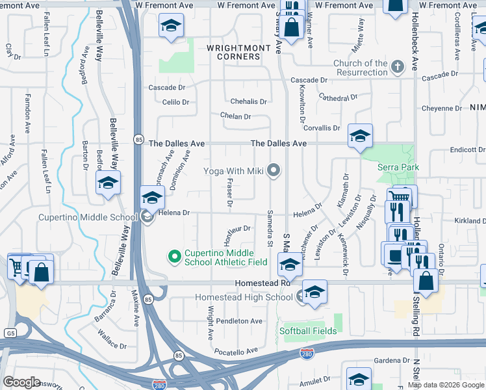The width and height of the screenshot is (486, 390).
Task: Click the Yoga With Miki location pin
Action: coord(274,171)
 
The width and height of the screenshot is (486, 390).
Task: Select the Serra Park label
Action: coord(398,167)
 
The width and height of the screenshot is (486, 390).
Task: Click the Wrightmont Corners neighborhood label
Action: coord(233,52)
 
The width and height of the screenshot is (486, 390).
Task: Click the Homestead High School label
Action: coord(244,298)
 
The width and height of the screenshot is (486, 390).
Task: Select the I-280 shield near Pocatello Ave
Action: coord(307,354)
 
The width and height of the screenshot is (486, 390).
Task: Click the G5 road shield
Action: coord(8,332)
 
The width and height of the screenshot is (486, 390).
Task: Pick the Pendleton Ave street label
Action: coord(239,321)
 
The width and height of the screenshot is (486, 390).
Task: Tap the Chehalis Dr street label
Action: coord(249,101)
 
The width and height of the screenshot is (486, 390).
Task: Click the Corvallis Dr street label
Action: coord(322,128)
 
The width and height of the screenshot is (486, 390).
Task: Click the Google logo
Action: coord(21,382)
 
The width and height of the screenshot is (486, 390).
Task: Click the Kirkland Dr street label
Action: coord(470,221)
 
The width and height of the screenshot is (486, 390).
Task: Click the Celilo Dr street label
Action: coord(175,102)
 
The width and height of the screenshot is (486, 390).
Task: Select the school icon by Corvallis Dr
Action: coord(359,135)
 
